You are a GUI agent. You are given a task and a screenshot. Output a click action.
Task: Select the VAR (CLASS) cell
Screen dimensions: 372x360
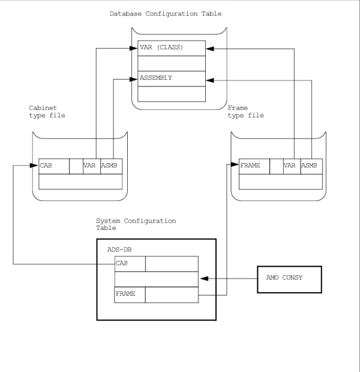[x=172, y=47]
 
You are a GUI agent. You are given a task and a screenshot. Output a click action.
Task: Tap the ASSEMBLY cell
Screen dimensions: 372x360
[x=172, y=78]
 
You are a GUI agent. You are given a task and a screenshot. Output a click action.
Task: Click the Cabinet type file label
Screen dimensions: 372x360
[x=47, y=112]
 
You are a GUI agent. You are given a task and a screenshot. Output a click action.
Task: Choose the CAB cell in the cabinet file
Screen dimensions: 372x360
[x=54, y=166]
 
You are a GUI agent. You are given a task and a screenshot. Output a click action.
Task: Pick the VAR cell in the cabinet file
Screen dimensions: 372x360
[x=92, y=166]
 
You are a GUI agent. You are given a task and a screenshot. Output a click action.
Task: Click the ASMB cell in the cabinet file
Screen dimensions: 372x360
[x=111, y=166]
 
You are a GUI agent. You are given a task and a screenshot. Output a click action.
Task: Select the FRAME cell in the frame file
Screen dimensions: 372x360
[x=254, y=166]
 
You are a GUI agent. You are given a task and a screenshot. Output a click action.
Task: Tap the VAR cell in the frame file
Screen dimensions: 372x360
[x=292, y=166]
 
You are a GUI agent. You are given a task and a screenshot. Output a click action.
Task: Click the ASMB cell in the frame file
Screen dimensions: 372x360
[x=311, y=166]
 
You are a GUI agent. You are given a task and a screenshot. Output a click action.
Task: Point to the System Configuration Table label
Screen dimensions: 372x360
[x=136, y=224]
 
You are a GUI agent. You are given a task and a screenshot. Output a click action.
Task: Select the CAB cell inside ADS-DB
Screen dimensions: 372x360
[x=130, y=264]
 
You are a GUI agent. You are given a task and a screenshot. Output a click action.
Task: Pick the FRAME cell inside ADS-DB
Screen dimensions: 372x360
[x=130, y=295]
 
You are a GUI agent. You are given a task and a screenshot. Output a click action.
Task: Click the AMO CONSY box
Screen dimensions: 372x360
[x=289, y=279]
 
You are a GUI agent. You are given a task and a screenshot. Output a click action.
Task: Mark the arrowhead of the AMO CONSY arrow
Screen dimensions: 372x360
[x=203, y=279]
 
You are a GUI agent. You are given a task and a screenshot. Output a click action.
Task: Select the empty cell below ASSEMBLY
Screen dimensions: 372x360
[x=172, y=94]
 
